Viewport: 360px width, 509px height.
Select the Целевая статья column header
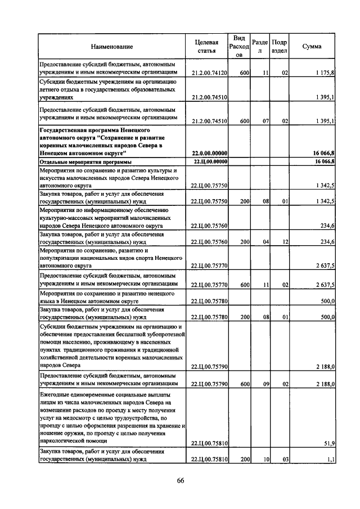coord(206,47)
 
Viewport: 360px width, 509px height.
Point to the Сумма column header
coord(312,47)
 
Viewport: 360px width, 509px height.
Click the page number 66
coord(180,480)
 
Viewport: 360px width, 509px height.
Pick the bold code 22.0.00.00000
coord(209,153)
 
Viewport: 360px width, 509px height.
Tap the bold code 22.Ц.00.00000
coord(209,161)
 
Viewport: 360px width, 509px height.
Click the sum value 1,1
coord(331,460)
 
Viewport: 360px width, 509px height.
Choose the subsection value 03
coord(285,460)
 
